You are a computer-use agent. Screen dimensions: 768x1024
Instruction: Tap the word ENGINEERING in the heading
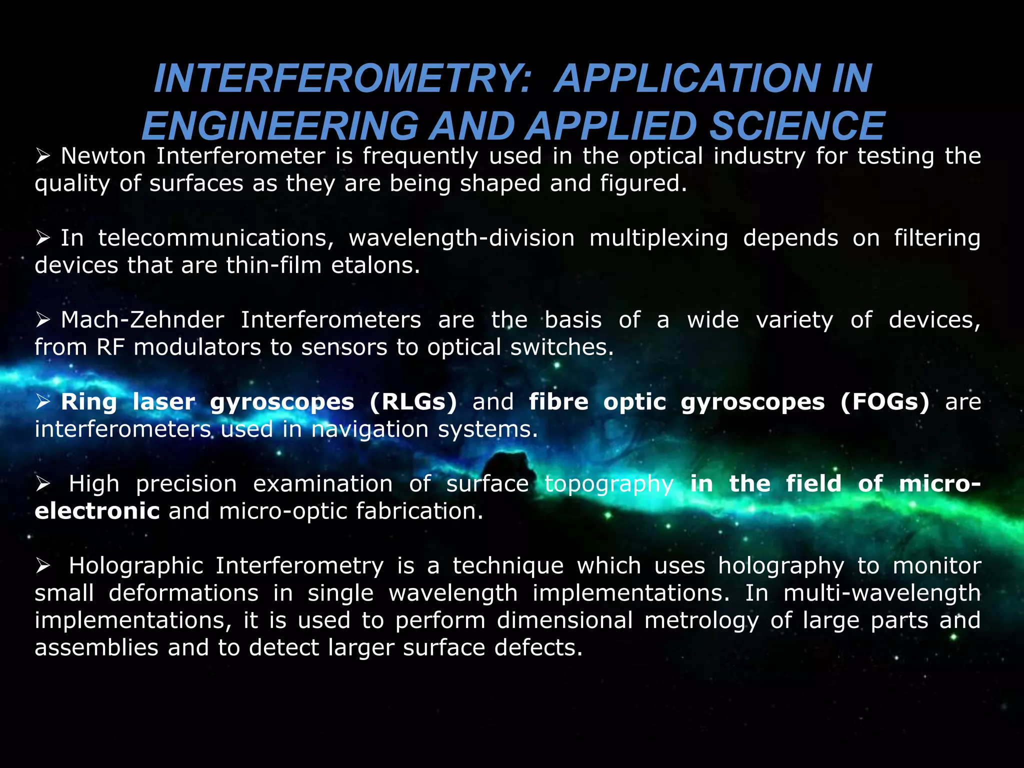click(280, 126)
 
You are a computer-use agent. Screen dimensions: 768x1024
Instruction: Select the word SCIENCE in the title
click(797, 126)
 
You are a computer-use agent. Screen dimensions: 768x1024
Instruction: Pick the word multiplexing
click(658, 238)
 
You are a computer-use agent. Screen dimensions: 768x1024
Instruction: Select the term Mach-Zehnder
click(142, 320)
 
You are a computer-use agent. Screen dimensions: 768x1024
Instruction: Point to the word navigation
click(370, 429)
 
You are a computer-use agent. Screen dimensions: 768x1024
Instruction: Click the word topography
click(609, 484)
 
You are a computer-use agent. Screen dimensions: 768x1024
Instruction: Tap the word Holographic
click(136, 566)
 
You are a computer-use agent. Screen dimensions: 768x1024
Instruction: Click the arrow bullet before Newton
click(43, 157)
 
